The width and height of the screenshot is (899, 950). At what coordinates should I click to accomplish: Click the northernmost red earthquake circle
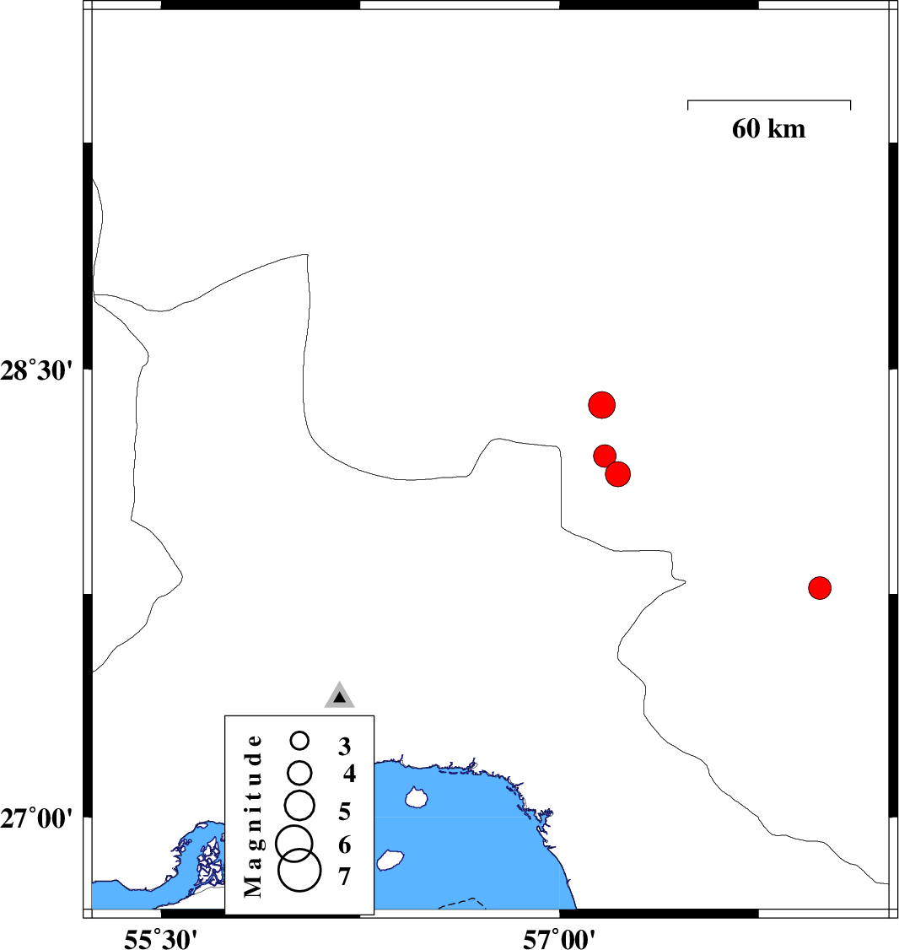[601, 405]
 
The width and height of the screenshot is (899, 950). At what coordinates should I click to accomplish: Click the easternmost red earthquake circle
[820, 587]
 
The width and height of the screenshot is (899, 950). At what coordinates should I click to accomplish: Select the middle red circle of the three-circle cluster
[605, 456]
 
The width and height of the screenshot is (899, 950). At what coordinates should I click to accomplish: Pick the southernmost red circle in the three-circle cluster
[618, 474]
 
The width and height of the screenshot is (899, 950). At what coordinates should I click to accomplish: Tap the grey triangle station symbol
[339, 696]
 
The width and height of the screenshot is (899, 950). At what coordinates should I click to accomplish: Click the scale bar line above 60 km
[769, 101]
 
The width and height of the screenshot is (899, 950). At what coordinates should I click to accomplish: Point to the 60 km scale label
[768, 129]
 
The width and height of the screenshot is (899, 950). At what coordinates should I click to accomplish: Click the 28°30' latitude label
[36, 370]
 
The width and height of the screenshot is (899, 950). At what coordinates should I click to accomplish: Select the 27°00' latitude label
[36, 818]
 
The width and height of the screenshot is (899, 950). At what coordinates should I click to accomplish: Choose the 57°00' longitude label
[560, 936]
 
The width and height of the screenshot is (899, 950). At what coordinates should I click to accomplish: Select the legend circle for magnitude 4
[300, 772]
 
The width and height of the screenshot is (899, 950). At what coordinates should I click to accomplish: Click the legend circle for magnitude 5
[300, 805]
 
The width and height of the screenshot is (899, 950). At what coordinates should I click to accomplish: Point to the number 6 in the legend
[344, 845]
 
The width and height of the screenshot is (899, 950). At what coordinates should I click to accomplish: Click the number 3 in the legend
[344, 746]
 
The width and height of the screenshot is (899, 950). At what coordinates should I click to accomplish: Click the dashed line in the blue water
[462, 902]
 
